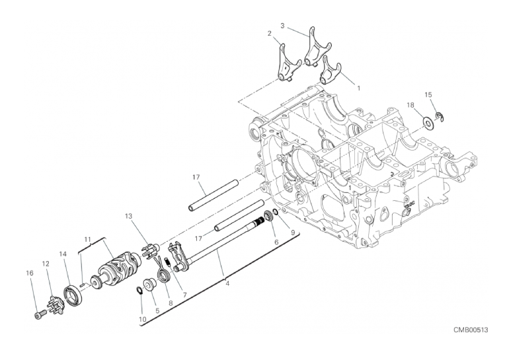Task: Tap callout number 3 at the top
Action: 282,26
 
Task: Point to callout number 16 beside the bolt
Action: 29,272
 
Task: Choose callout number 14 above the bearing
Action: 63,254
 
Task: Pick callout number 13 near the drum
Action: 128,216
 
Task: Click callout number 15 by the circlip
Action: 428,95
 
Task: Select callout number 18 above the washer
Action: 411,105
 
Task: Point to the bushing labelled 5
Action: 150,285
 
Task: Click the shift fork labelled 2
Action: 287,66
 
